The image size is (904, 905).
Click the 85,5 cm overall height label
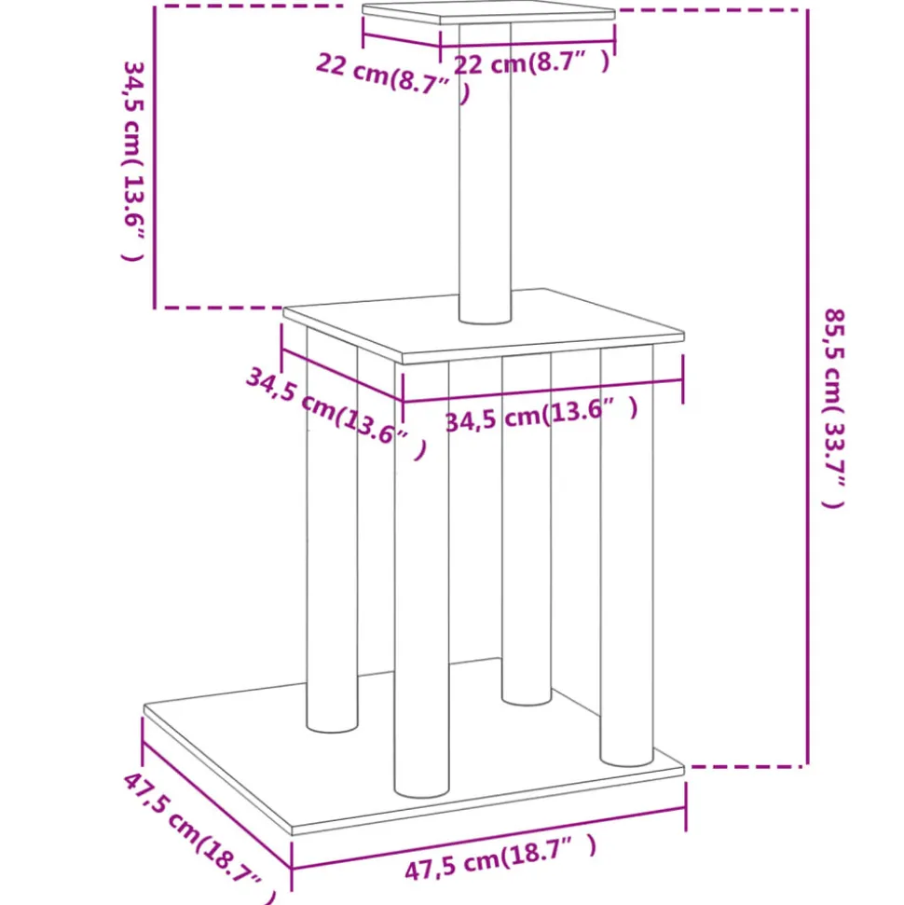tap(834, 408)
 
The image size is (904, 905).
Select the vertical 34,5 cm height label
tap(134, 161)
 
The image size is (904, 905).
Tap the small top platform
tap(488, 12)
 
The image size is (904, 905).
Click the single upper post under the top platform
tap(485, 173)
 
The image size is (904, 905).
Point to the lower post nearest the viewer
tap(422, 579)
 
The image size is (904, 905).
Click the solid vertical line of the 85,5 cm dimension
tap(807, 388)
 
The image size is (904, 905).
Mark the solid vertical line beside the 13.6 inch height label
tap(155, 157)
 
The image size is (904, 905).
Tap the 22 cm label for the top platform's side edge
tap(393, 78)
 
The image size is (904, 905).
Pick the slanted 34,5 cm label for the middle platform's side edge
tap(336, 413)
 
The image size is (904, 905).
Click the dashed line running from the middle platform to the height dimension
tap(219, 308)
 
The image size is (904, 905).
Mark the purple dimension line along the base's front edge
tap(489, 838)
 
